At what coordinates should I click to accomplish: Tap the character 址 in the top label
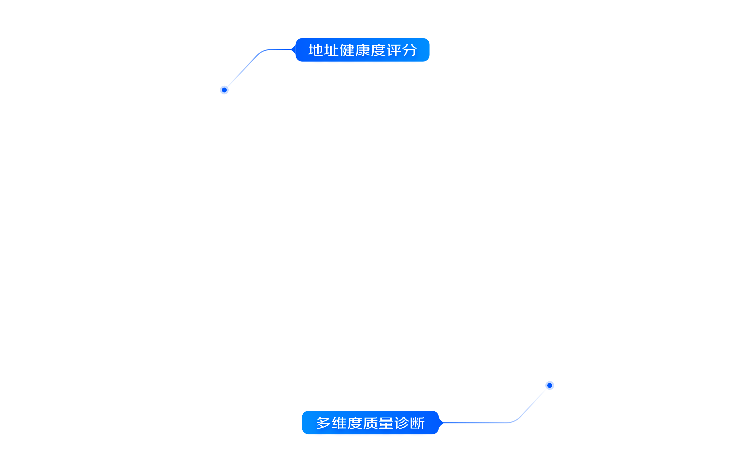tap(331, 50)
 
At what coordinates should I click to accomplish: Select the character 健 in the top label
tap(347, 50)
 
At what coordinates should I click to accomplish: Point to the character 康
tap(362, 50)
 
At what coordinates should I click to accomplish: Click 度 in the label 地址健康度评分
tap(378, 50)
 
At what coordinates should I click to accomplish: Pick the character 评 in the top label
tap(394, 50)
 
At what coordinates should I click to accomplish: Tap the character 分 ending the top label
tap(410, 50)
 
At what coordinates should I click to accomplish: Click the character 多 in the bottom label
tap(323, 423)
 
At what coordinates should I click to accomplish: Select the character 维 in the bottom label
tap(339, 423)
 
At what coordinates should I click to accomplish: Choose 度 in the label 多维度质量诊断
tap(354, 423)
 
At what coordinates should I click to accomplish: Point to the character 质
tap(370, 423)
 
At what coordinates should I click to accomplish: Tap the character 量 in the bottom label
tap(386, 423)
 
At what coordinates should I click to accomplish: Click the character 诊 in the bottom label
tap(401, 423)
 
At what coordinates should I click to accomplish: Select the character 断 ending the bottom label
tap(417, 423)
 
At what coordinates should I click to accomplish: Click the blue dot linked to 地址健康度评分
tap(224, 90)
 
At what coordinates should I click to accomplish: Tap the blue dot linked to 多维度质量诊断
tap(550, 386)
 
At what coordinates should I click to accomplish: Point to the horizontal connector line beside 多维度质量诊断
tap(476, 423)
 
